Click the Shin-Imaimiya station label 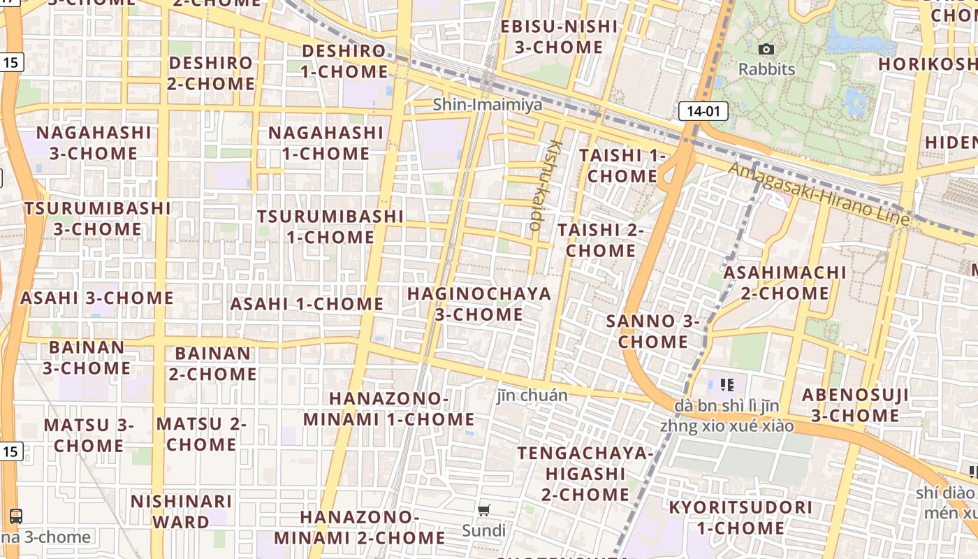(x=487, y=105)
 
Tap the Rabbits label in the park (x=766, y=69)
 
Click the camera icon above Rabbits (x=766, y=49)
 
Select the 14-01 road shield (x=703, y=110)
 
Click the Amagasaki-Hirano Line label (x=819, y=194)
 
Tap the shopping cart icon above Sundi (x=484, y=511)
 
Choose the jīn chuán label (x=532, y=395)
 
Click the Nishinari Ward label (x=181, y=511)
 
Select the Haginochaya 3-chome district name (x=479, y=304)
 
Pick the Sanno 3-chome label (x=652, y=331)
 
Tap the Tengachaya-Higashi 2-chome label (x=585, y=474)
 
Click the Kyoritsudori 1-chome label (x=740, y=517)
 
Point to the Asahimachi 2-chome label (x=784, y=282)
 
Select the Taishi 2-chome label (x=600, y=240)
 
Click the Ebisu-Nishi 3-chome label (x=559, y=37)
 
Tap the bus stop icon (x=15, y=516)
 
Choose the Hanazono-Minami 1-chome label (x=388, y=409)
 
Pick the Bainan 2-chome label (x=212, y=363)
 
